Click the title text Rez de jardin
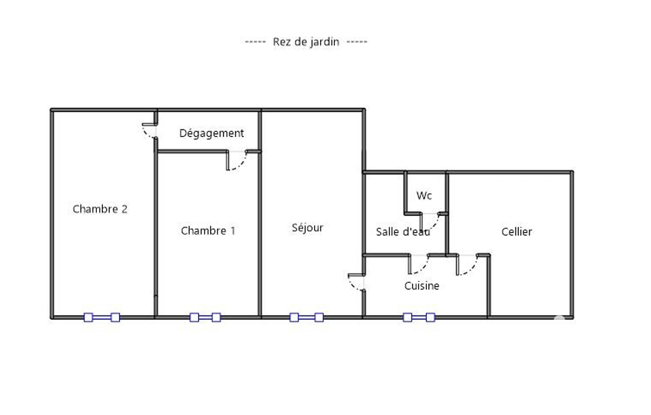point(306,42)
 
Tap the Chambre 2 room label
point(100,209)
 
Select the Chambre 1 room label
point(208,230)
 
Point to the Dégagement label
point(211,133)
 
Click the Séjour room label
point(308,228)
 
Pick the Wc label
point(424,196)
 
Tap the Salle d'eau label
point(403,232)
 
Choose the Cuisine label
point(422,286)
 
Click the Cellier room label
point(517,232)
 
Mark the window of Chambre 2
point(102,317)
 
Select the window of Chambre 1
point(205,317)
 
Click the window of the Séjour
point(307,317)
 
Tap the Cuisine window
point(419,317)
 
